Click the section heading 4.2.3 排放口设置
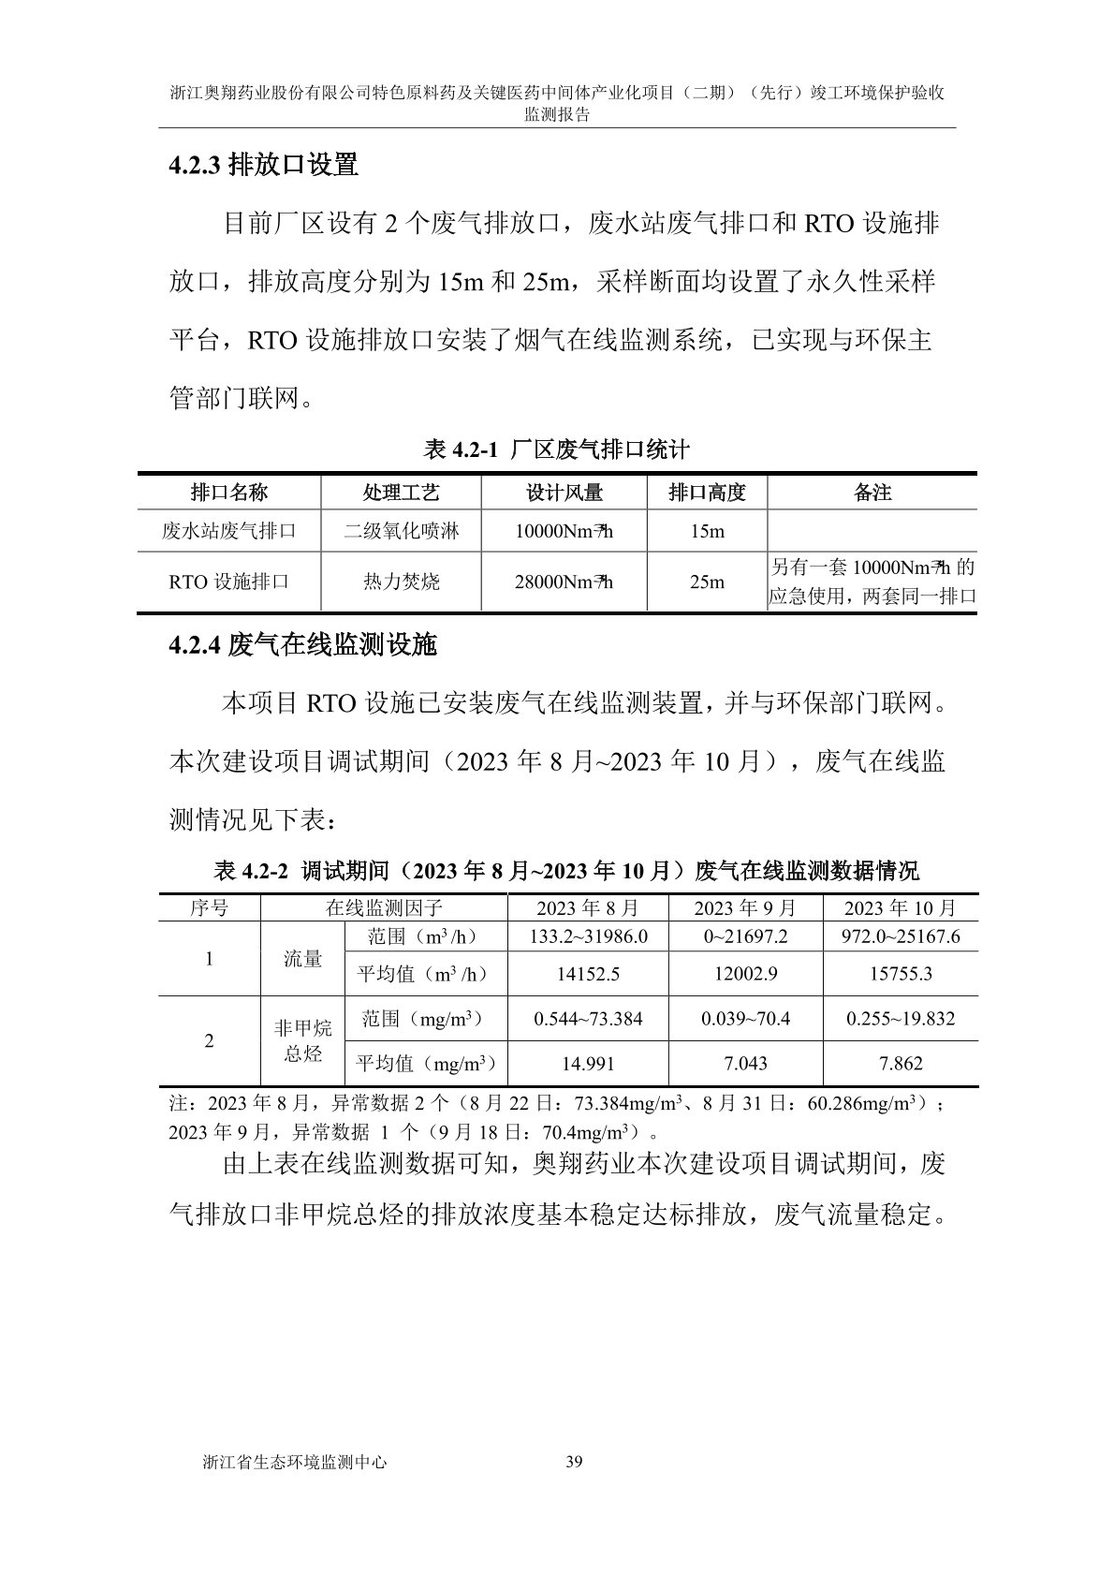click(x=264, y=166)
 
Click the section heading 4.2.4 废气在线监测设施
click(x=302, y=644)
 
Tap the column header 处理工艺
click(x=401, y=493)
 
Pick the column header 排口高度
click(x=707, y=493)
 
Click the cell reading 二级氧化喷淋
click(x=401, y=532)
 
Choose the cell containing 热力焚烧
click(x=401, y=582)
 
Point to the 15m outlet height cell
click(x=707, y=532)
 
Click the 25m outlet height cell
click(x=707, y=582)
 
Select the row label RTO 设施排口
click(x=229, y=582)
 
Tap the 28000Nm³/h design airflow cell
click(x=564, y=582)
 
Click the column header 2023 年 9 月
click(x=745, y=907)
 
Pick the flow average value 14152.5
click(x=588, y=974)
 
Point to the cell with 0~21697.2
click(x=745, y=936)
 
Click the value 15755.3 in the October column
click(x=901, y=974)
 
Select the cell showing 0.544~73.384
click(x=588, y=1019)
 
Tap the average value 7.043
click(x=745, y=1063)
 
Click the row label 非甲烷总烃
click(x=302, y=1040)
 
